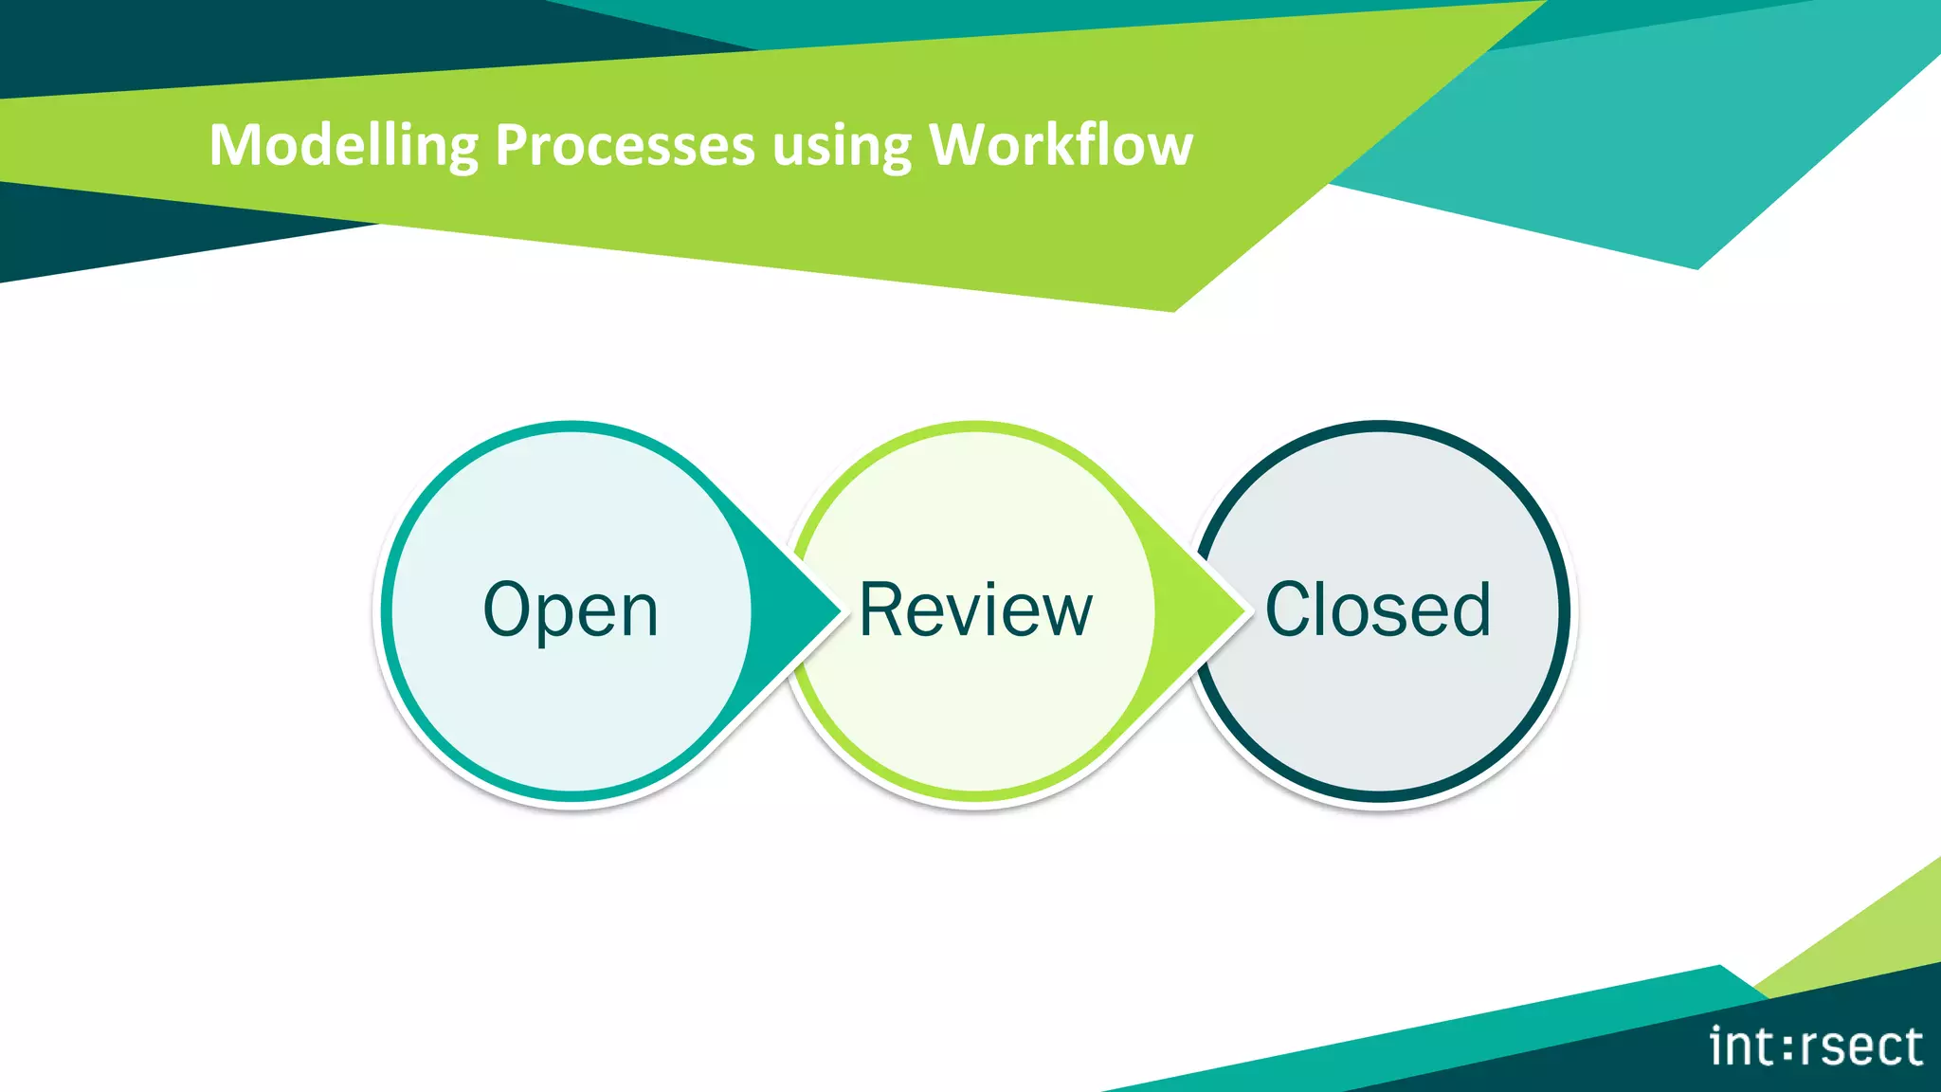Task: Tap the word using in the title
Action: click(842, 148)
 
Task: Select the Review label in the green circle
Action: click(975, 610)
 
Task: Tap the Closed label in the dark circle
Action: click(1378, 610)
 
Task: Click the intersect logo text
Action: click(1816, 1046)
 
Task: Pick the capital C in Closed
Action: click(1293, 610)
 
